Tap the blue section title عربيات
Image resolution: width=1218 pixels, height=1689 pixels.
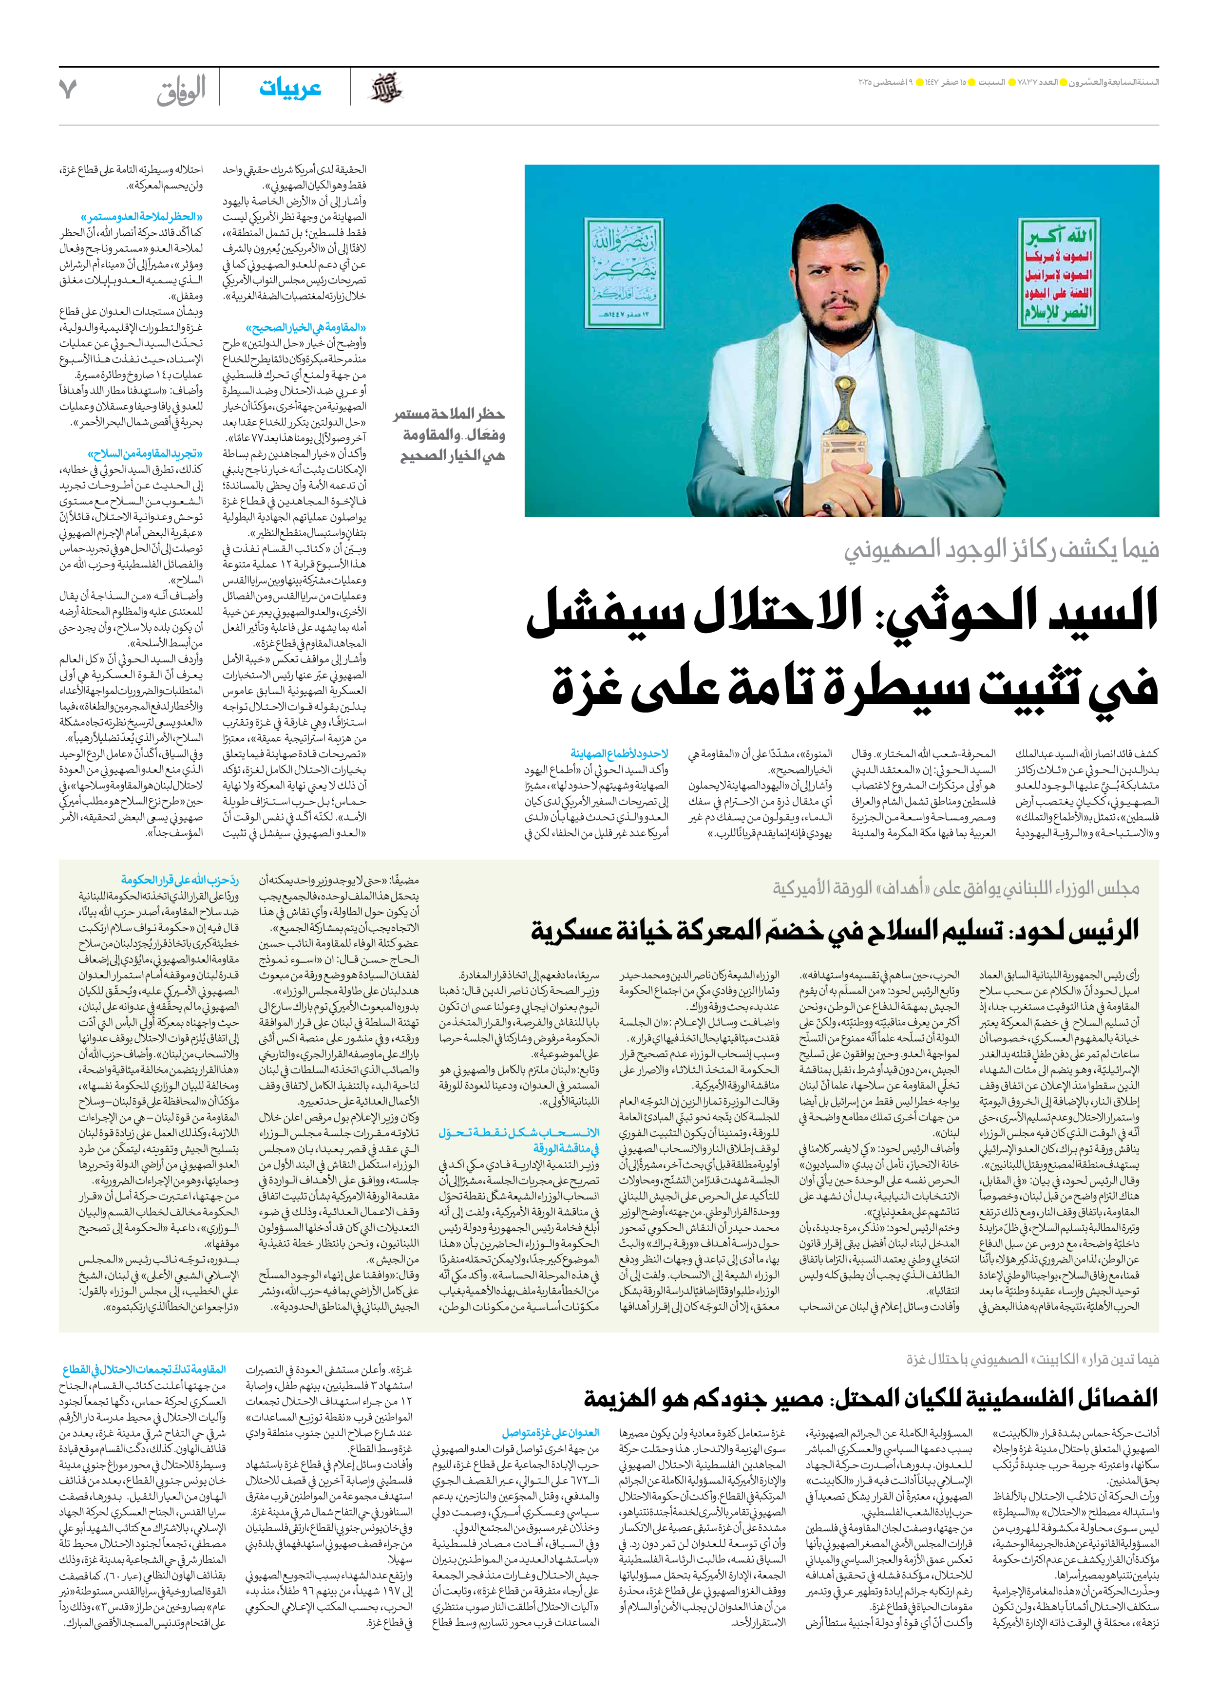(x=290, y=89)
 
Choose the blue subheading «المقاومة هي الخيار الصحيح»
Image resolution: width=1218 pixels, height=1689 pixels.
(x=305, y=328)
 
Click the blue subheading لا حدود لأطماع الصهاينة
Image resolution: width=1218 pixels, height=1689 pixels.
(x=620, y=753)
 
